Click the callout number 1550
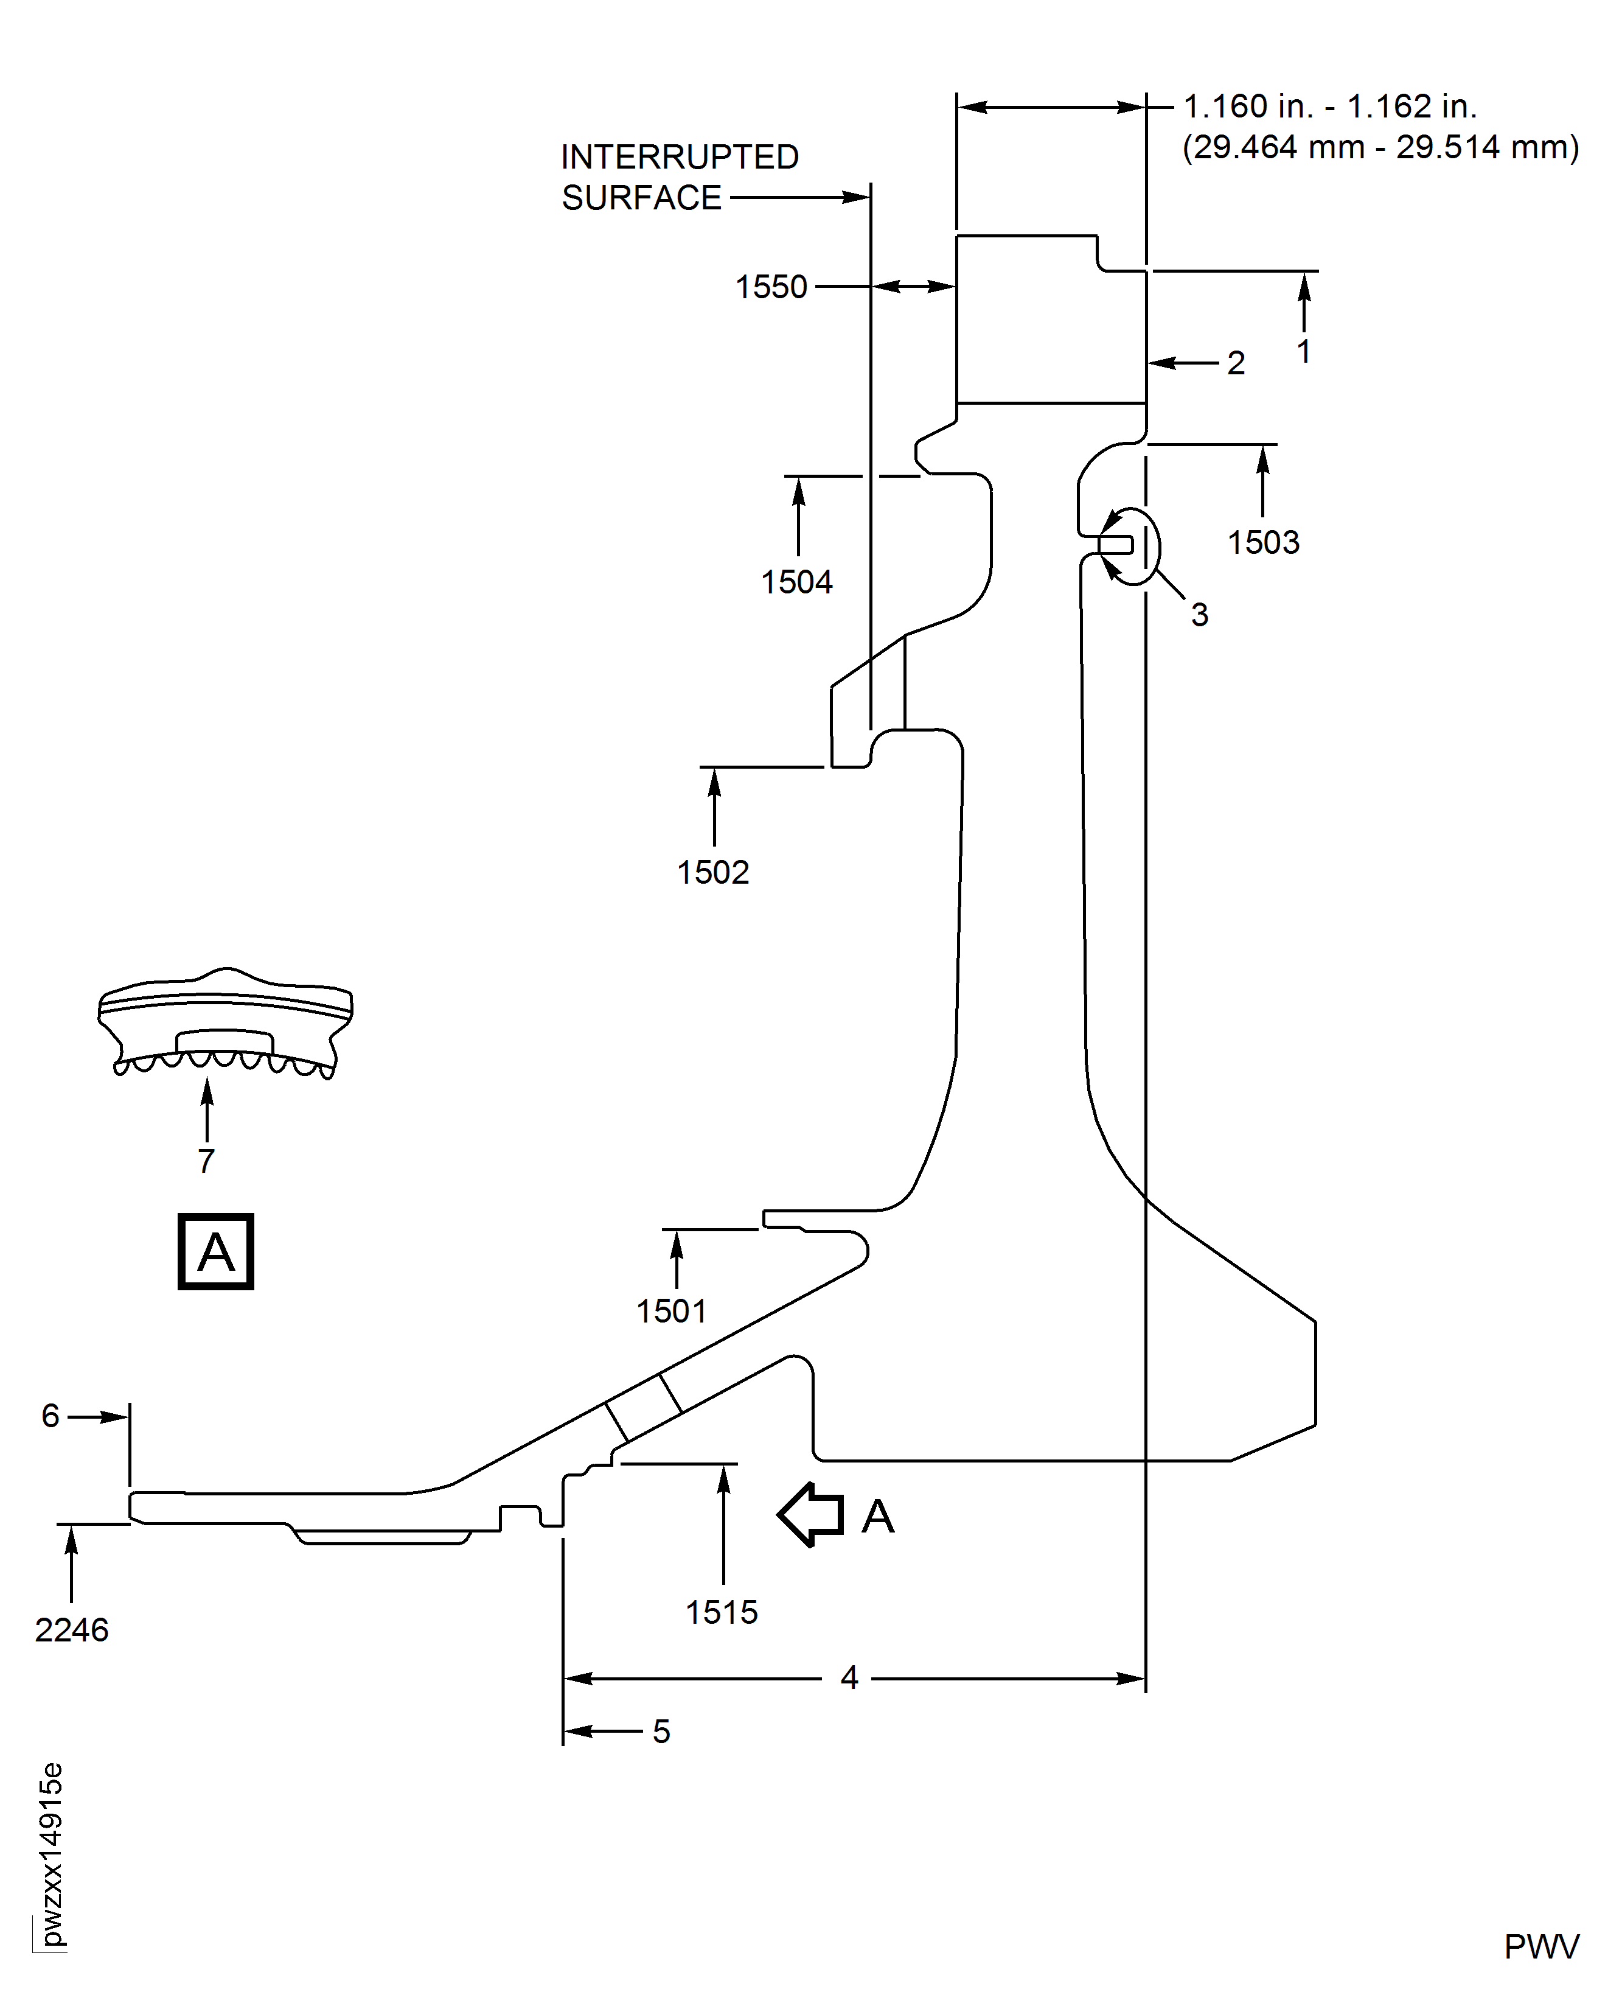pyautogui.click(x=771, y=287)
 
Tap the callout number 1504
pyautogui.click(x=796, y=582)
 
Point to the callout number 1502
pyautogui.click(x=712, y=872)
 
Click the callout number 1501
pyautogui.click(x=672, y=1311)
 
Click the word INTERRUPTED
pyautogui.click(x=679, y=156)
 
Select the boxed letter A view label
pyautogui.click(x=216, y=1252)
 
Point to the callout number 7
pyautogui.click(x=207, y=1161)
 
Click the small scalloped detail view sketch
pyautogui.click(x=225, y=1024)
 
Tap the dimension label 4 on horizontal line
pyautogui.click(x=849, y=1677)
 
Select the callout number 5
pyautogui.click(x=661, y=1732)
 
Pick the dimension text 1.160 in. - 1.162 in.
pyautogui.click(x=1329, y=107)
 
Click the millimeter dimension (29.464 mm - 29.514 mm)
pyautogui.click(x=1380, y=147)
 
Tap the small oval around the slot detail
pyautogui.click(x=1132, y=546)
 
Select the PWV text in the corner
pyautogui.click(x=1540, y=1948)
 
